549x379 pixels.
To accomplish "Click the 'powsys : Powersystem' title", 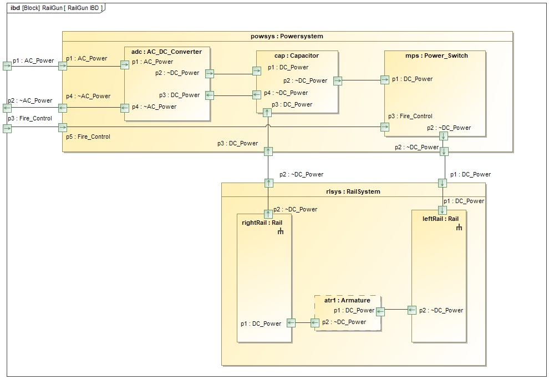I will (287, 36).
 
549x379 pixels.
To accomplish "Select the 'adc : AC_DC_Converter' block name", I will (166, 52).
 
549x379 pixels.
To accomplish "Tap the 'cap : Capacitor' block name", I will (297, 55).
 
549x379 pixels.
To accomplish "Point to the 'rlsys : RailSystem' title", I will (353, 191).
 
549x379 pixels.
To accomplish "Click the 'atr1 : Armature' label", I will (347, 300).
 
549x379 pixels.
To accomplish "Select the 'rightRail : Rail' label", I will (262, 223).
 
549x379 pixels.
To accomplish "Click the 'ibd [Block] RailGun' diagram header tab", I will (56, 8).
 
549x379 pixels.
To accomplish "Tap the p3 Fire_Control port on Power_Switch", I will (385, 127).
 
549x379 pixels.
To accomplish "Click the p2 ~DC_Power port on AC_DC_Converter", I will (210, 73).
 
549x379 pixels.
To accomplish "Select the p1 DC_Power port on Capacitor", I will (257, 70).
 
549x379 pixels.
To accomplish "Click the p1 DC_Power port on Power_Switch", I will (385, 79).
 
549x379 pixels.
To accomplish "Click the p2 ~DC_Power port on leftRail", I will (412, 310).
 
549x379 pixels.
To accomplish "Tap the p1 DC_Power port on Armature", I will (380, 311).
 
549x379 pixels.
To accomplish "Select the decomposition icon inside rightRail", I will (281, 231).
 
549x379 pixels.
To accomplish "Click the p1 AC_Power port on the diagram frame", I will (7, 66).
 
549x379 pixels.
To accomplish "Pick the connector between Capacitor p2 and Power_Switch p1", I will (360, 80).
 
